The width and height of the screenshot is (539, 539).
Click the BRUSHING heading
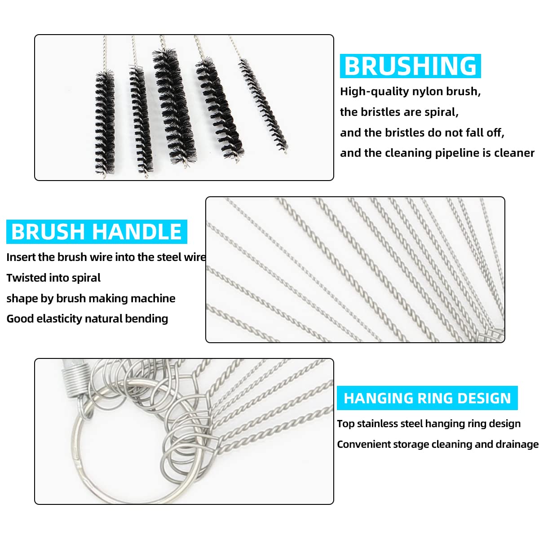tap(410, 66)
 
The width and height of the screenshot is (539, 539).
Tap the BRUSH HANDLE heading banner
tap(96, 232)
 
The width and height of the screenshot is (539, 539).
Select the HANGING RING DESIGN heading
tap(427, 398)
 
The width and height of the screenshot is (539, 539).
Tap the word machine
tap(154, 299)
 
